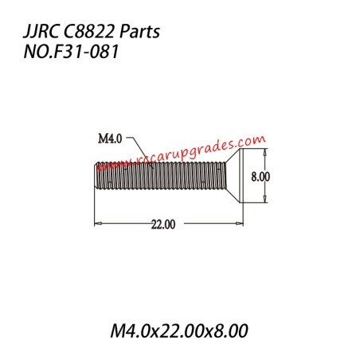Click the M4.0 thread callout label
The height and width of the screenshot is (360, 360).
109,139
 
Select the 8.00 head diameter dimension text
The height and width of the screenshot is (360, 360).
261,176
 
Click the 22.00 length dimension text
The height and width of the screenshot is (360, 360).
163,225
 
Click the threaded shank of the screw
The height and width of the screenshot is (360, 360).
159,175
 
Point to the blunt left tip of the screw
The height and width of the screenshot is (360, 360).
96,175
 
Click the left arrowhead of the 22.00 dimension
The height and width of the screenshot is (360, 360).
98,224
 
